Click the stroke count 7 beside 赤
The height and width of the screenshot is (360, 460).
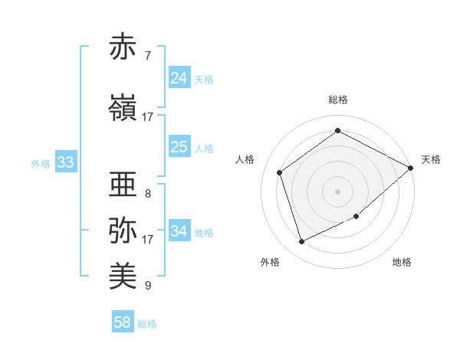tap(148, 56)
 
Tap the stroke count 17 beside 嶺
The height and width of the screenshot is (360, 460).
tap(148, 116)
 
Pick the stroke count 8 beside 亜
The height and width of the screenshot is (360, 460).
tap(148, 193)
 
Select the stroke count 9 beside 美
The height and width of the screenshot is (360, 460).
tap(148, 286)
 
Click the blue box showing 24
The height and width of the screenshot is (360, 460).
tap(179, 78)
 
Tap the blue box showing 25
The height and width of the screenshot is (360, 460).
tap(179, 147)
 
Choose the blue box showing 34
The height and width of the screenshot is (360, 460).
tap(179, 231)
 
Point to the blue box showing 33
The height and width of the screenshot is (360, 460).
tap(65, 162)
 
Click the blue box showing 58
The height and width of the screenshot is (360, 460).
tap(123, 322)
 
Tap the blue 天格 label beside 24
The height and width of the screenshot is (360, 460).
tap(204, 80)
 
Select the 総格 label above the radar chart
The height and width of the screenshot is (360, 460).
tap(338, 100)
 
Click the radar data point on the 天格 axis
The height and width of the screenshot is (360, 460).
tap(411, 169)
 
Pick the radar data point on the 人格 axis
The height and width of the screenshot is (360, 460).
tap(280, 172)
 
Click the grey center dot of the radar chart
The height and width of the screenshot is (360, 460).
tap(338, 191)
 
